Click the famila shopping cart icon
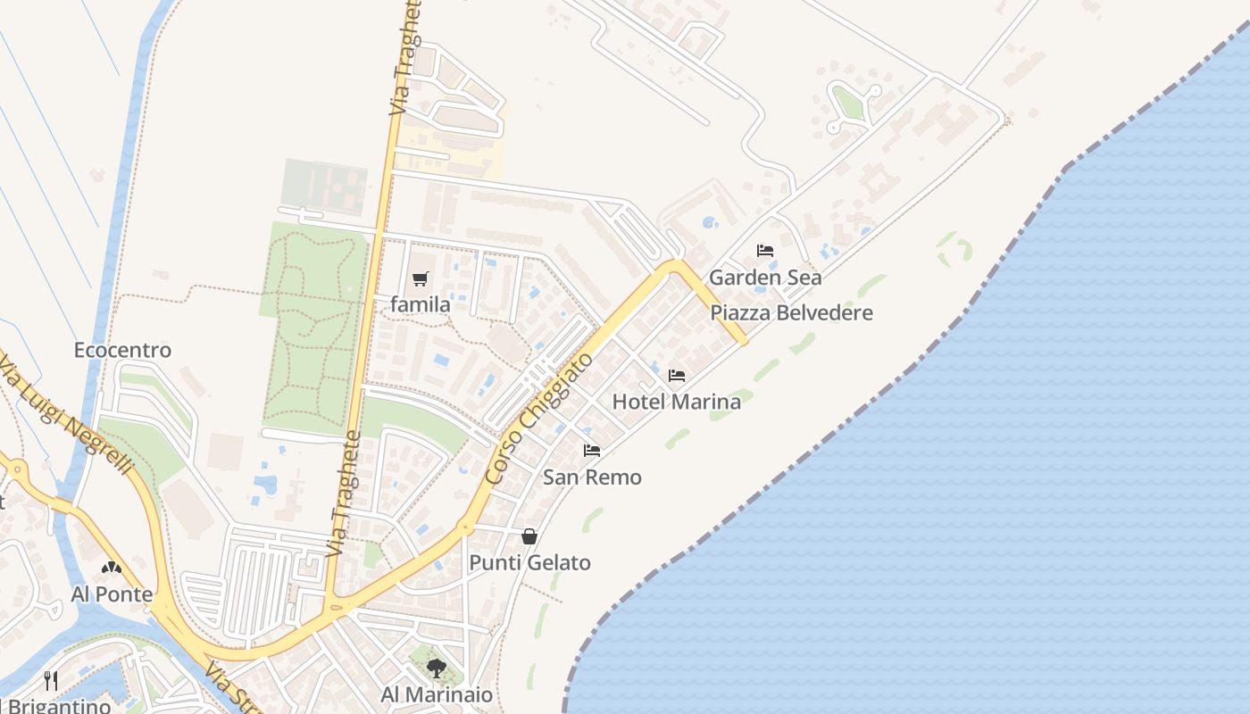coord(421,278)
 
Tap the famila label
coord(421,304)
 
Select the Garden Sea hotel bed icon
coord(765,251)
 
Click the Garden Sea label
coord(765,277)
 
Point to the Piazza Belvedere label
coord(792,312)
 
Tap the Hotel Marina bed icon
coord(677,376)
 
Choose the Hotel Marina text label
coord(677,402)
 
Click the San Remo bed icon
coord(592,451)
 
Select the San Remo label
coord(592,477)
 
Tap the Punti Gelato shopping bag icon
coord(529,536)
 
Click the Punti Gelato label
coord(530,563)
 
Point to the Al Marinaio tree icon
coord(437,668)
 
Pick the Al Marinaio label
coord(437,694)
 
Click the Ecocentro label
coord(122,350)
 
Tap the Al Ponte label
coord(112,594)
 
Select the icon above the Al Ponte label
coord(111,568)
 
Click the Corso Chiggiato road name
coord(540,419)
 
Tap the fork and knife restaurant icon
coord(51,681)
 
